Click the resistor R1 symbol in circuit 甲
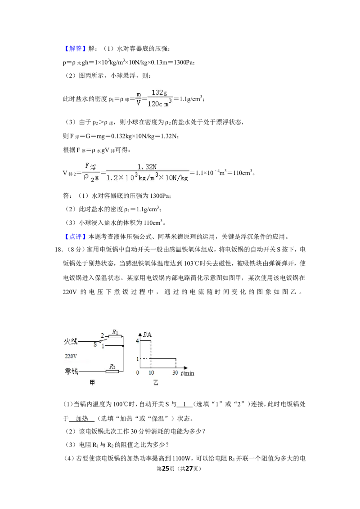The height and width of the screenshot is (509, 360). click(x=115, y=337)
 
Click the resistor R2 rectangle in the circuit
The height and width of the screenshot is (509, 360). click(x=112, y=371)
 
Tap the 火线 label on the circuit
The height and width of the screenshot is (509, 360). click(x=71, y=341)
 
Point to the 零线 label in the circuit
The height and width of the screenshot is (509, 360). click(x=71, y=371)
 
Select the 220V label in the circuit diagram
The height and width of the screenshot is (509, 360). click(x=71, y=356)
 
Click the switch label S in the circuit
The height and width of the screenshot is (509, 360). click(x=95, y=344)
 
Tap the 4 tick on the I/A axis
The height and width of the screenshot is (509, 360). click(x=137, y=341)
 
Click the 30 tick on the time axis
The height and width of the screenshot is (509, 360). click(x=175, y=373)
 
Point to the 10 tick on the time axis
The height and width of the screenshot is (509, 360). click(x=151, y=373)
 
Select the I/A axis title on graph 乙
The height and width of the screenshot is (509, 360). click(x=147, y=335)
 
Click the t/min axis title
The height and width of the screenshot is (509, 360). click(x=188, y=373)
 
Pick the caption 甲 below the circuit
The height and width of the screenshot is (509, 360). click(x=92, y=383)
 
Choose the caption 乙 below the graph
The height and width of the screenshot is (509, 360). click(x=156, y=383)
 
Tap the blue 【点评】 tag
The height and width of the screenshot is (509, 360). click(x=75, y=237)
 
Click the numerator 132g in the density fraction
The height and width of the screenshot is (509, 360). click(x=159, y=93)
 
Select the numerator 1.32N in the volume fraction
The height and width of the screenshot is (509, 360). click(x=147, y=167)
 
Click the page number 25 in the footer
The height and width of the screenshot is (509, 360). click(x=166, y=469)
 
